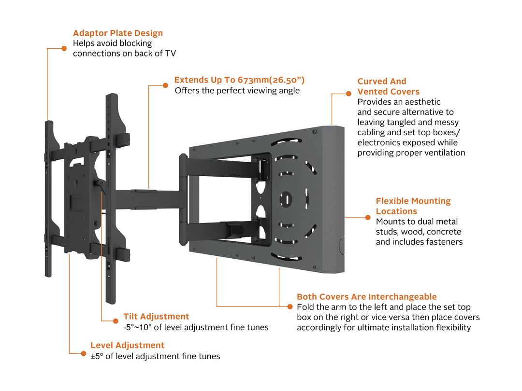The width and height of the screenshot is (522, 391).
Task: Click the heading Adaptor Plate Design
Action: pyautogui.click(x=117, y=33)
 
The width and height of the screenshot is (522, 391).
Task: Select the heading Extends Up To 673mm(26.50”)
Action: pyautogui.click(x=239, y=80)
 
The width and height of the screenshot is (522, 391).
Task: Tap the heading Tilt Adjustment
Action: pyautogui.click(x=156, y=317)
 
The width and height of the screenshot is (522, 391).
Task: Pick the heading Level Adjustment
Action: pyautogui.click(x=127, y=346)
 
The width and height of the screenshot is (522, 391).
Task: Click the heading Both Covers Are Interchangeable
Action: pyautogui.click(x=366, y=297)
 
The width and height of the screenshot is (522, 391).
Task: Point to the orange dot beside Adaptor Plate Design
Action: pyautogui.click(x=64, y=48)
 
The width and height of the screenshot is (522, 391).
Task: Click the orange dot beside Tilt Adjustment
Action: pyautogui.click(x=115, y=321)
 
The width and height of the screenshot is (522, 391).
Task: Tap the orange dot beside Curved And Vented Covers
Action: pyautogui.click(x=348, y=94)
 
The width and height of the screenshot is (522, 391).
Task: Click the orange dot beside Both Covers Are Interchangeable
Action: pyautogui.click(x=290, y=307)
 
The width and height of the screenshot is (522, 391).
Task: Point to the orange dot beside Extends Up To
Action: pyautogui.click(x=166, y=85)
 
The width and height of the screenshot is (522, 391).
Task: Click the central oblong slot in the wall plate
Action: pyautogui.click(x=286, y=198)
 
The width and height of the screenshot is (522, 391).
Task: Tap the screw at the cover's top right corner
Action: pyautogui.click(x=315, y=131)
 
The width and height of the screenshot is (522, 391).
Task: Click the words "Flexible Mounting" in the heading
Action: pyautogui.click(x=413, y=201)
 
